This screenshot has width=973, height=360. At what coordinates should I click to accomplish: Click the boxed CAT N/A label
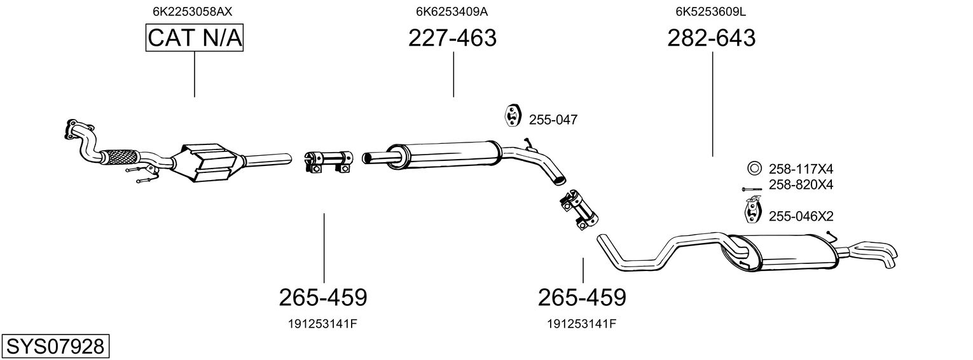(195, 39)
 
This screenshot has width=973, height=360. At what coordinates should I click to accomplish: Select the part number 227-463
(452, 39)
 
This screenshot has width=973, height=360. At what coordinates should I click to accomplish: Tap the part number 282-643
(712, 39)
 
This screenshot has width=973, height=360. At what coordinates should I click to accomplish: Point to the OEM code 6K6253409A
(452, 11)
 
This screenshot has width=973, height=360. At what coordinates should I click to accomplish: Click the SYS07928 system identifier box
(55, 347)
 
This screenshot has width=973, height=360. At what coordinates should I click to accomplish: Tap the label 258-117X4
(801, 169)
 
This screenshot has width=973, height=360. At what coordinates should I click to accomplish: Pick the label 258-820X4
(801, 184)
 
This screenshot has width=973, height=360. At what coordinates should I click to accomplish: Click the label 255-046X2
(801, 216)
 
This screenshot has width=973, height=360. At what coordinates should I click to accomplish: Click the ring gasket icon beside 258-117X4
(754, 169)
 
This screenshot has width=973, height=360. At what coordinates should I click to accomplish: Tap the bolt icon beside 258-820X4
(751, 189)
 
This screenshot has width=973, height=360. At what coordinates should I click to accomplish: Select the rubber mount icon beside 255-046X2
(752, 211)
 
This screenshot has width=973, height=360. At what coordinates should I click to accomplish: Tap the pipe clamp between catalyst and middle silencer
(328, 161)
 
